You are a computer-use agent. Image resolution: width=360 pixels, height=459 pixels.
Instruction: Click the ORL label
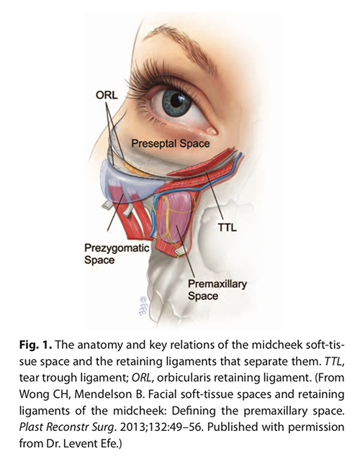[107, 95]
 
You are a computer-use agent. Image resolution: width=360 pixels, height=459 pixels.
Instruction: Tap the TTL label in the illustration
[228, 227]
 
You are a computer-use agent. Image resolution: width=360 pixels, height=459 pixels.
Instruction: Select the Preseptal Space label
[171, 143]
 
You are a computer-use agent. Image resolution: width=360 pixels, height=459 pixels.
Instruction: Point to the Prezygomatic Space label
[117, 254]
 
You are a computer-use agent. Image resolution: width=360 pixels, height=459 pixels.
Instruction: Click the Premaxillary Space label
[217, 290]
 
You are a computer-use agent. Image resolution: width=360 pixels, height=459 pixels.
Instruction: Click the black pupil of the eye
[176, 101]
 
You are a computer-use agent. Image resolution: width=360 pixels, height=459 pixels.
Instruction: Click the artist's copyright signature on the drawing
[144, 305]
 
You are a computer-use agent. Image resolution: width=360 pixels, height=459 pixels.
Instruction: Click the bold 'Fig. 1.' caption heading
[36, 345]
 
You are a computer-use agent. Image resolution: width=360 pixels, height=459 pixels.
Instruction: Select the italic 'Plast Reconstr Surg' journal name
[66, 427]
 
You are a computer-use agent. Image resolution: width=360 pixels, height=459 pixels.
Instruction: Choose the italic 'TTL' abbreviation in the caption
[333, 361]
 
